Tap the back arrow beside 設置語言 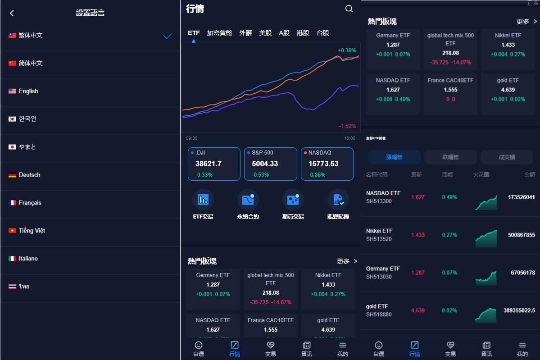coord(12,13)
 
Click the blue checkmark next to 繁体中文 coord(168,36)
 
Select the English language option coord(28,91)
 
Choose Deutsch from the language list coord(29,175)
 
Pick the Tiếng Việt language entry coord(32,231)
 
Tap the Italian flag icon coord(12,259)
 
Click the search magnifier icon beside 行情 coord(349,9)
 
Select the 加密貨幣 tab coord(219,33)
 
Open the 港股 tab coord(303,33)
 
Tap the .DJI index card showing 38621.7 coord(214,164)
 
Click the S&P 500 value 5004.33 coord(265,164)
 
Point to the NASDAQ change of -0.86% coord(317,175)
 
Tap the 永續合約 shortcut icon coord(248,200)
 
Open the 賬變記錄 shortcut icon coord(338,200)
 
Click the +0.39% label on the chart coord(347,50)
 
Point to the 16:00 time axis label coord(349,138)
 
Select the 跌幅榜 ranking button coord(450,157)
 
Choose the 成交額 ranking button coord(507,157)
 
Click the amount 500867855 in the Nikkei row coord(521,235)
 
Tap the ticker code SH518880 coord(379,314)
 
